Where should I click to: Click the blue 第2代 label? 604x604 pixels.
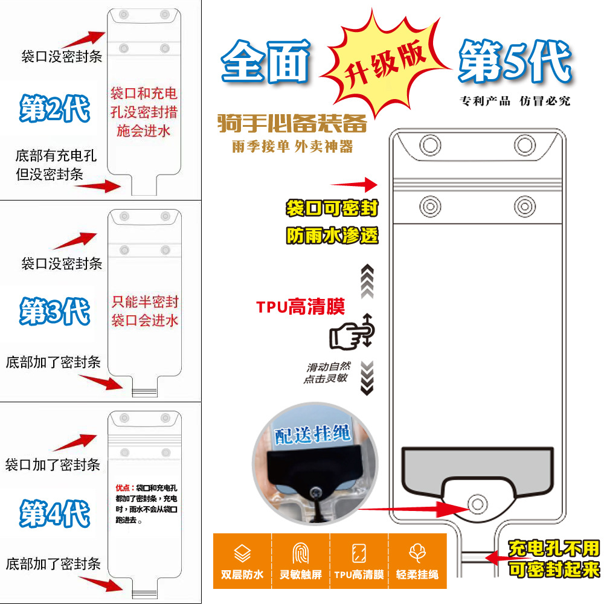(x=54, y=109)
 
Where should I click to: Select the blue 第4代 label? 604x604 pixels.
(x=54, y=513)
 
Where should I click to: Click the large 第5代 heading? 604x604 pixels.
(x=514, y=62)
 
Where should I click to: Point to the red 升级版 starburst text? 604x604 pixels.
(x=387, y=64)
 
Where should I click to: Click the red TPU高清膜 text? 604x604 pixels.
(x=300, y=307)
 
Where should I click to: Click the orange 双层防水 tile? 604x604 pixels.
(x=242, y=561)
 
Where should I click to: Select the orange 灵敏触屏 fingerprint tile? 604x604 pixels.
(x=300, y=561)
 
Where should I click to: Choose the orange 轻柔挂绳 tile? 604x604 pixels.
(x=417, y=561)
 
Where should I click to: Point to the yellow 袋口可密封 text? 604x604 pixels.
(x=332, y=209)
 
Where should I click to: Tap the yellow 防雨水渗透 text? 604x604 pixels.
(x=332, y=236)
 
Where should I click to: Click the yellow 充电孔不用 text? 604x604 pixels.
(x=554, y=548)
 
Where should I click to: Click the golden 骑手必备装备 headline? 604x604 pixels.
(x=292, y=124)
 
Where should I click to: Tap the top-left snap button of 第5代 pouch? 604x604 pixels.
(x=430, y=145)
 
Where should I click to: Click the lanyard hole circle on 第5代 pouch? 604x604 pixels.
(x=478, y=503)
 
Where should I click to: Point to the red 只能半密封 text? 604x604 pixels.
(x=145, y=302)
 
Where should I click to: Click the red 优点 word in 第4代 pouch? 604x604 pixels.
(x=123, y=487)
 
